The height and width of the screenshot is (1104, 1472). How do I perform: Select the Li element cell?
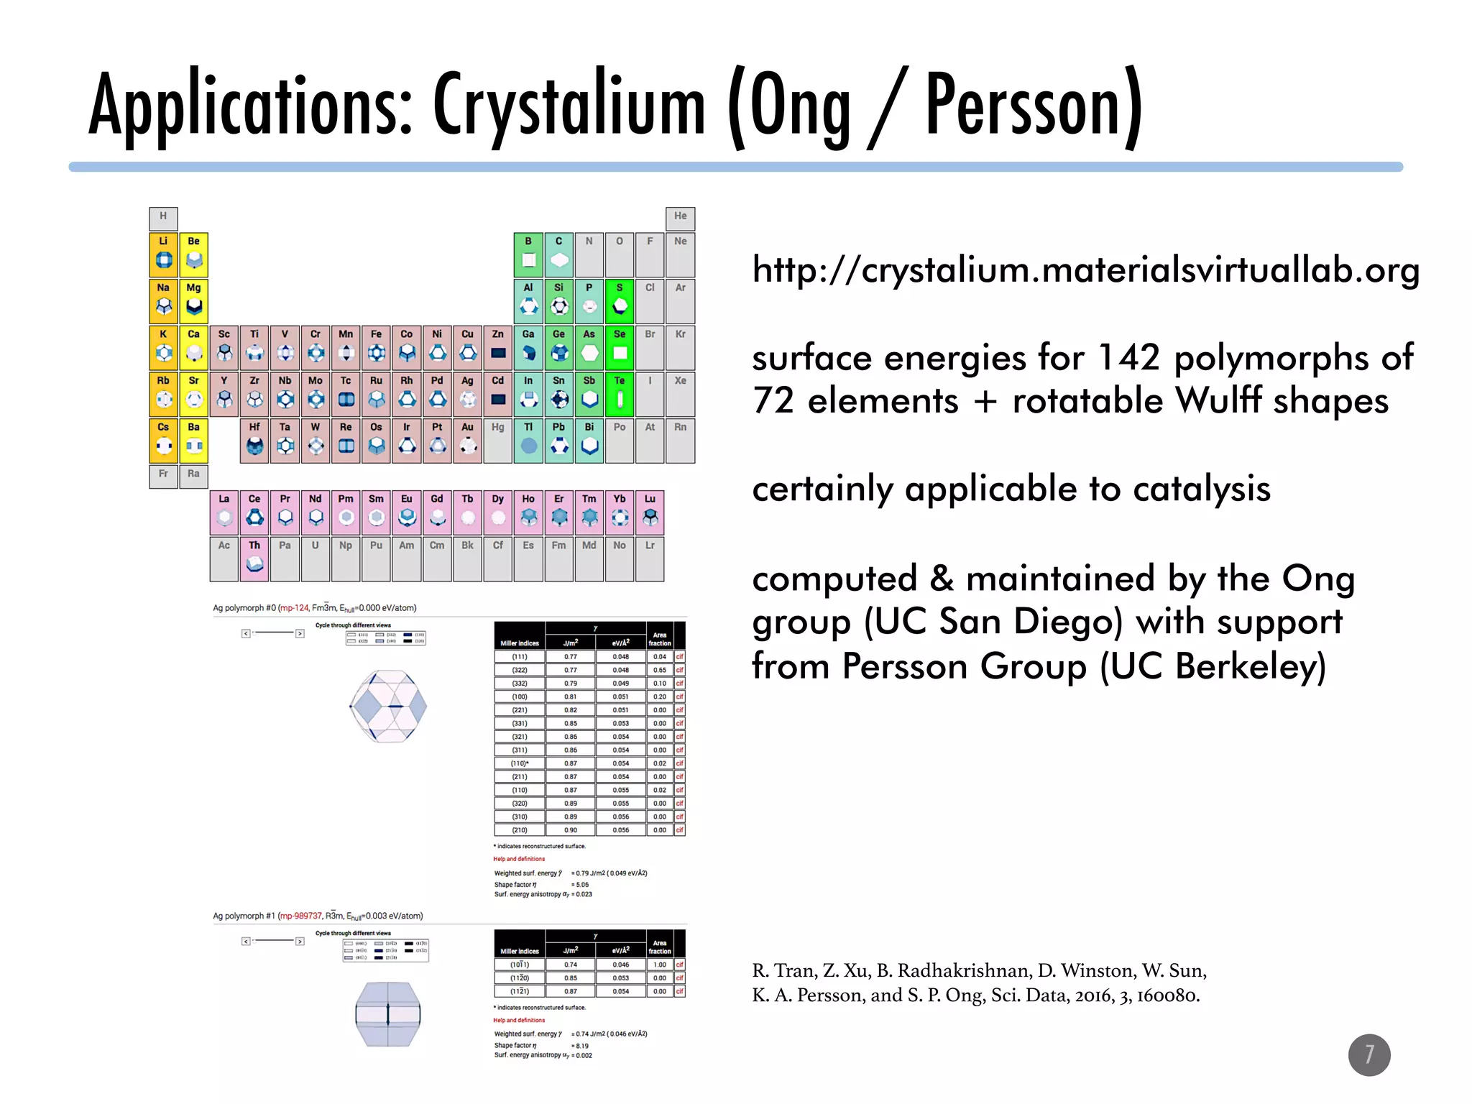point(164,254)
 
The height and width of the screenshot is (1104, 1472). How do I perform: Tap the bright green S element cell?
point(619,300)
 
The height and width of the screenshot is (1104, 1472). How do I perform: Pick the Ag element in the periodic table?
point(467,393)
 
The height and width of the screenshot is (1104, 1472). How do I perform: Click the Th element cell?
point(254,557)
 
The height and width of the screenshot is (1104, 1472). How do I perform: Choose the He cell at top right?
point(680,218)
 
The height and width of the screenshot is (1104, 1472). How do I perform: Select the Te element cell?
point(619,393)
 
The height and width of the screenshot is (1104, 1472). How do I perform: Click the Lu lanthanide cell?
point(650,511)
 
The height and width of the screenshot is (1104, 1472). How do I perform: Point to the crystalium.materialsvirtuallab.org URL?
point(1085,271)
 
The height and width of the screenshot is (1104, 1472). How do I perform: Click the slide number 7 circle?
point(1368,1054)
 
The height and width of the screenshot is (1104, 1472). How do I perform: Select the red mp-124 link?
point(294,608)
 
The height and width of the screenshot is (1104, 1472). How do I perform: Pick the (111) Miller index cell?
point(519,656)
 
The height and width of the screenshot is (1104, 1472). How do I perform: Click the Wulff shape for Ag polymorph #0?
point(388,706)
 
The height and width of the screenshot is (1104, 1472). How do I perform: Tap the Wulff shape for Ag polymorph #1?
point(388,1013)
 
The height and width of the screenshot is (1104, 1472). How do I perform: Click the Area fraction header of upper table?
point(659,639)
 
